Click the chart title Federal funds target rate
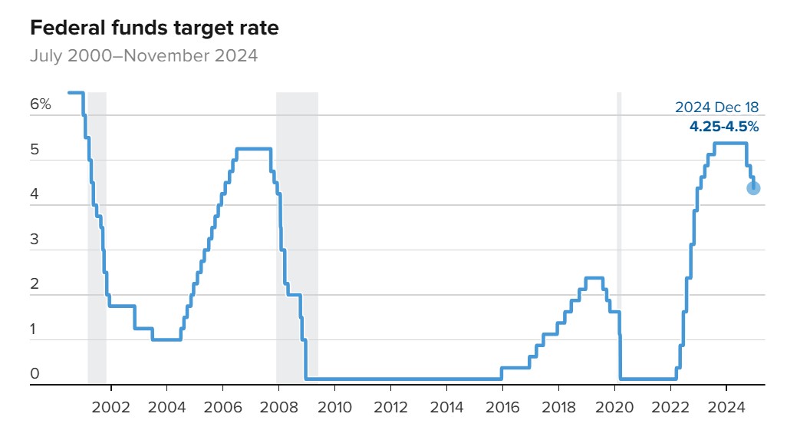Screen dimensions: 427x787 point(153,29)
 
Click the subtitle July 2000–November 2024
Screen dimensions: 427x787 point(143,55)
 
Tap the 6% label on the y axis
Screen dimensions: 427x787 point(41,104)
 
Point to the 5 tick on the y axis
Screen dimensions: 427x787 point(35,151)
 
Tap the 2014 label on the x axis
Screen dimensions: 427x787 point(446,405)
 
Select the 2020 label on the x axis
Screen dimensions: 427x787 point(614,405)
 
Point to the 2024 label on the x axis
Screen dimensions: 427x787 point(726,405)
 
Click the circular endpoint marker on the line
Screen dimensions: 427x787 point(753,188)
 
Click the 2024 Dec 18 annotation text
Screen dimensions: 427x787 point(716,108)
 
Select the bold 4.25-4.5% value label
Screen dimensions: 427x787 point(724,127)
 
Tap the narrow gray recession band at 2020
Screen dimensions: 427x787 point(619,230)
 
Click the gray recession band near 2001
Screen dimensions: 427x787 point(97,230)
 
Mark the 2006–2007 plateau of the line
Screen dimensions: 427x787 point(253,148)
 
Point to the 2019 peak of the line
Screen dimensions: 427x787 point(593,278)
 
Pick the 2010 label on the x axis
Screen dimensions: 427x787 point(334,405)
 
